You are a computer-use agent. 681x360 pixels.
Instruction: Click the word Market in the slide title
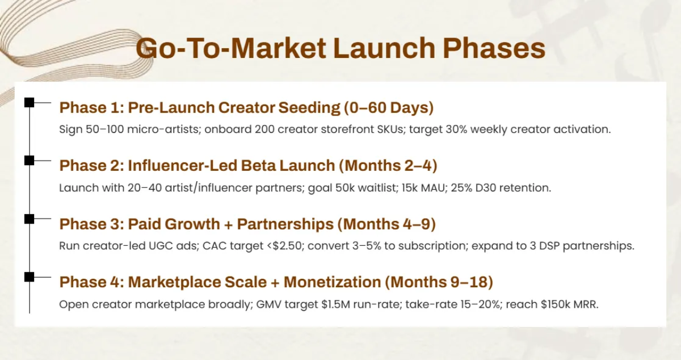(279, 48)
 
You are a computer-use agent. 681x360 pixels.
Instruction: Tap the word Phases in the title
(494, 48)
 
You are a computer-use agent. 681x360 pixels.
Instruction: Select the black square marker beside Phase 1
(29, 103)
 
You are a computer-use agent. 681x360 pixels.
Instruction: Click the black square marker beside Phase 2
(29, 160)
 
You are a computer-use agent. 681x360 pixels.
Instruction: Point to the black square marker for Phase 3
(29, 219)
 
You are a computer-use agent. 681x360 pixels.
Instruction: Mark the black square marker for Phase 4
(29, 277)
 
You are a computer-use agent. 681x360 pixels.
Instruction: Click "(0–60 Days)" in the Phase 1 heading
(389, 108)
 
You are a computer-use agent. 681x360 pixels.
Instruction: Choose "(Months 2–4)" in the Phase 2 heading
(388, 166)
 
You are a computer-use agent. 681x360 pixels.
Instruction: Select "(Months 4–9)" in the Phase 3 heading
(386, 224)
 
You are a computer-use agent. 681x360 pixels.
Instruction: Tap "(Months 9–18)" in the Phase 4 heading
(439, 282)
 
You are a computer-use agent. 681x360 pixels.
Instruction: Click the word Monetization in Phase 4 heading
(333, 282)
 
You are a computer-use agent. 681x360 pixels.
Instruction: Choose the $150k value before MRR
(556, 304)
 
